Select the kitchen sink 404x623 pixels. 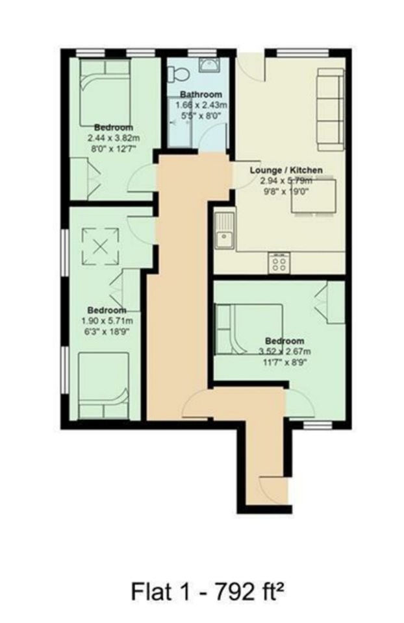coord(225,232)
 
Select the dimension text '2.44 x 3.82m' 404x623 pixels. coord(114,138)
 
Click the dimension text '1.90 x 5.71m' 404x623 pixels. coord(107,321)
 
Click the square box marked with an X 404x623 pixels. coord(101,247)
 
